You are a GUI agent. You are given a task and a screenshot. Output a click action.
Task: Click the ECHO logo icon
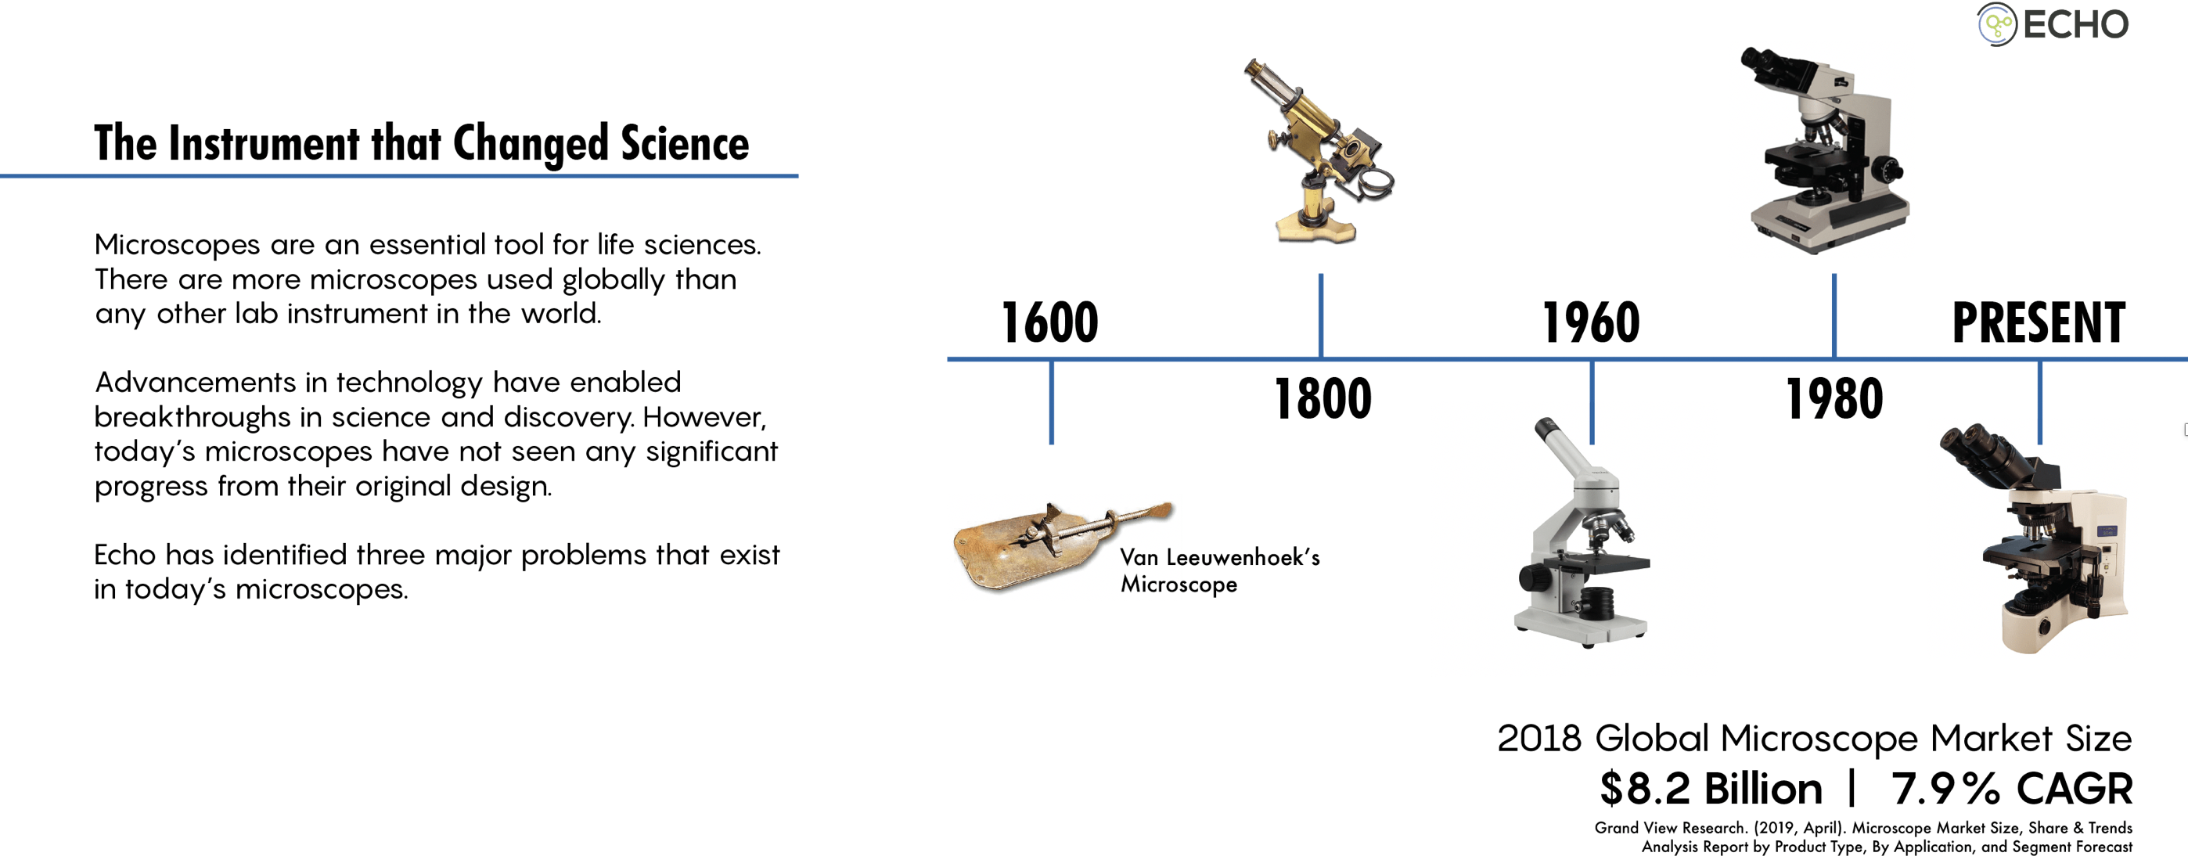click(x=1996, y=24)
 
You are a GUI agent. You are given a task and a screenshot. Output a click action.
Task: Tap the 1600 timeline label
click(x=1050, y=322)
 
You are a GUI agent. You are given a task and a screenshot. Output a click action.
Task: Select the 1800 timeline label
click(x=1323, y=399)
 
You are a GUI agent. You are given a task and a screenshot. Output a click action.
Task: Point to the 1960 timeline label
click(x=1591, y=322)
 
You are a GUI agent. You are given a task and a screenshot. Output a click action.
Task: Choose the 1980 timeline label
click(x=1834, y=399)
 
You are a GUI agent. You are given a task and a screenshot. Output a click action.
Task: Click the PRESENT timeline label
click(x=2039, y=322)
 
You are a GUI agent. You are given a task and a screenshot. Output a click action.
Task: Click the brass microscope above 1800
click(x=1319, y=151)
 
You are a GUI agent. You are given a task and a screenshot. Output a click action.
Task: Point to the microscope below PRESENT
click(x=2035, y=538)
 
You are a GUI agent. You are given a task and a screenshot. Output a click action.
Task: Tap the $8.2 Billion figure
click(x=1711, y=789)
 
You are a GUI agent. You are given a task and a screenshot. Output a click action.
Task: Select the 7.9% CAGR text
click(x=2011, y=789)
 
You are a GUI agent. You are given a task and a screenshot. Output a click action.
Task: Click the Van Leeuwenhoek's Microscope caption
click(x=1220, y=570)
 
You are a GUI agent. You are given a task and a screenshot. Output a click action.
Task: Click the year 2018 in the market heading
click(x=1539, y=739)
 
